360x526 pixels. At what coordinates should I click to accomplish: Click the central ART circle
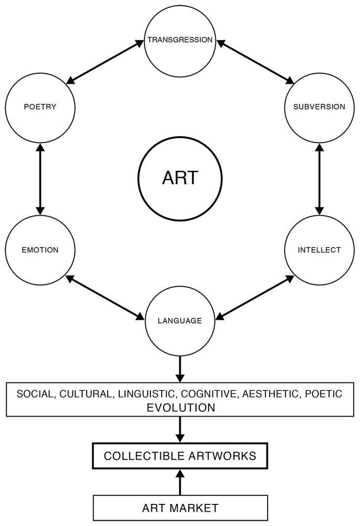180,178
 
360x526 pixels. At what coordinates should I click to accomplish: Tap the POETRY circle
40,107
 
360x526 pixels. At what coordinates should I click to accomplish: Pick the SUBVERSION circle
320,107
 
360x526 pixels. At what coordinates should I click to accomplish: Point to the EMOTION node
40,250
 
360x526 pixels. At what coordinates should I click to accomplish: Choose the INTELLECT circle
320,250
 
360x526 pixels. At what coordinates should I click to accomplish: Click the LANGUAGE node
180,321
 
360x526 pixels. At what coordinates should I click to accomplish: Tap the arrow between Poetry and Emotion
40,179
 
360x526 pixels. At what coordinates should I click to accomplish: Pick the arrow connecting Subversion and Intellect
320,179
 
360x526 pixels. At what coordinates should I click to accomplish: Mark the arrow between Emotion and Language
105,298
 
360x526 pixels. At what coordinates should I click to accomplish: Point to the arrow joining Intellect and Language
255,298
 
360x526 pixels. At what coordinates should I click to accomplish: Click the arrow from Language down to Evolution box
180,369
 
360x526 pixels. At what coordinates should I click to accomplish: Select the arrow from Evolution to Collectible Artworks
180,430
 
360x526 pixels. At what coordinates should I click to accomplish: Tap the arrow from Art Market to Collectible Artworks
180,482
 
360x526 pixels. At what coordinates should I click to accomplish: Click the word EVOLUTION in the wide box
181,408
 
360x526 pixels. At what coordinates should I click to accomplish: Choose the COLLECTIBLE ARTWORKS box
180,456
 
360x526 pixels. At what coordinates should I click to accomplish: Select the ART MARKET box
180,508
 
